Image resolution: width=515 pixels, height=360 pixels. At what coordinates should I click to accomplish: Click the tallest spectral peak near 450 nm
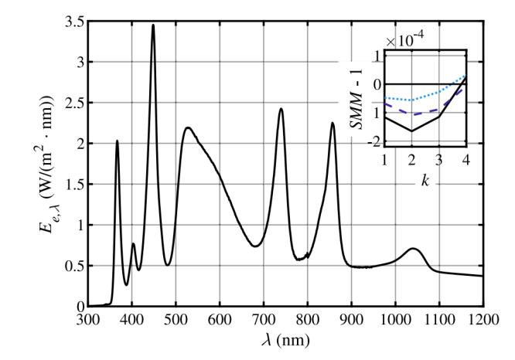point(153,25)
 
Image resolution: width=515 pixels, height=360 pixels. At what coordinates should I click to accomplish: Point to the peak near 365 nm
point(117,141)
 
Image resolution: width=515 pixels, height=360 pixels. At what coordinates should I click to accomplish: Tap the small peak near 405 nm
point(134,244)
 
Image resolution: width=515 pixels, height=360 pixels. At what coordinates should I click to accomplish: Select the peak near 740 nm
point(281,109)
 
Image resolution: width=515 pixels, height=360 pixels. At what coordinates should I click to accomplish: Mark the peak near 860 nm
point(333,124)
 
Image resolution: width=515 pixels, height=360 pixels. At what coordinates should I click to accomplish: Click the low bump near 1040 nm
point(414,249)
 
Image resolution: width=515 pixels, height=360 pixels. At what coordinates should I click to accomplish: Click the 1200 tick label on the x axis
point(483,318)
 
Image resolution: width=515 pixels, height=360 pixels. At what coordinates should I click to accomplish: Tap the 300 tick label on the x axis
point(88,318)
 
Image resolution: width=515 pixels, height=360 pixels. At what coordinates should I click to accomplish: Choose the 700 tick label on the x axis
point(264,318)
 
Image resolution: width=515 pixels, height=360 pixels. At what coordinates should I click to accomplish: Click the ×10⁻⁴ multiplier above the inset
point(405,39)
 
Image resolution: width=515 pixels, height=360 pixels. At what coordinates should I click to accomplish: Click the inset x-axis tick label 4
point(466,159)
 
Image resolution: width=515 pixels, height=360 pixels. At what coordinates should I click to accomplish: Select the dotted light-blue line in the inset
point(438,93)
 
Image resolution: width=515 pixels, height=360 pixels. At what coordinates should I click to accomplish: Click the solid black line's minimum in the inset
point(411,131)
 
